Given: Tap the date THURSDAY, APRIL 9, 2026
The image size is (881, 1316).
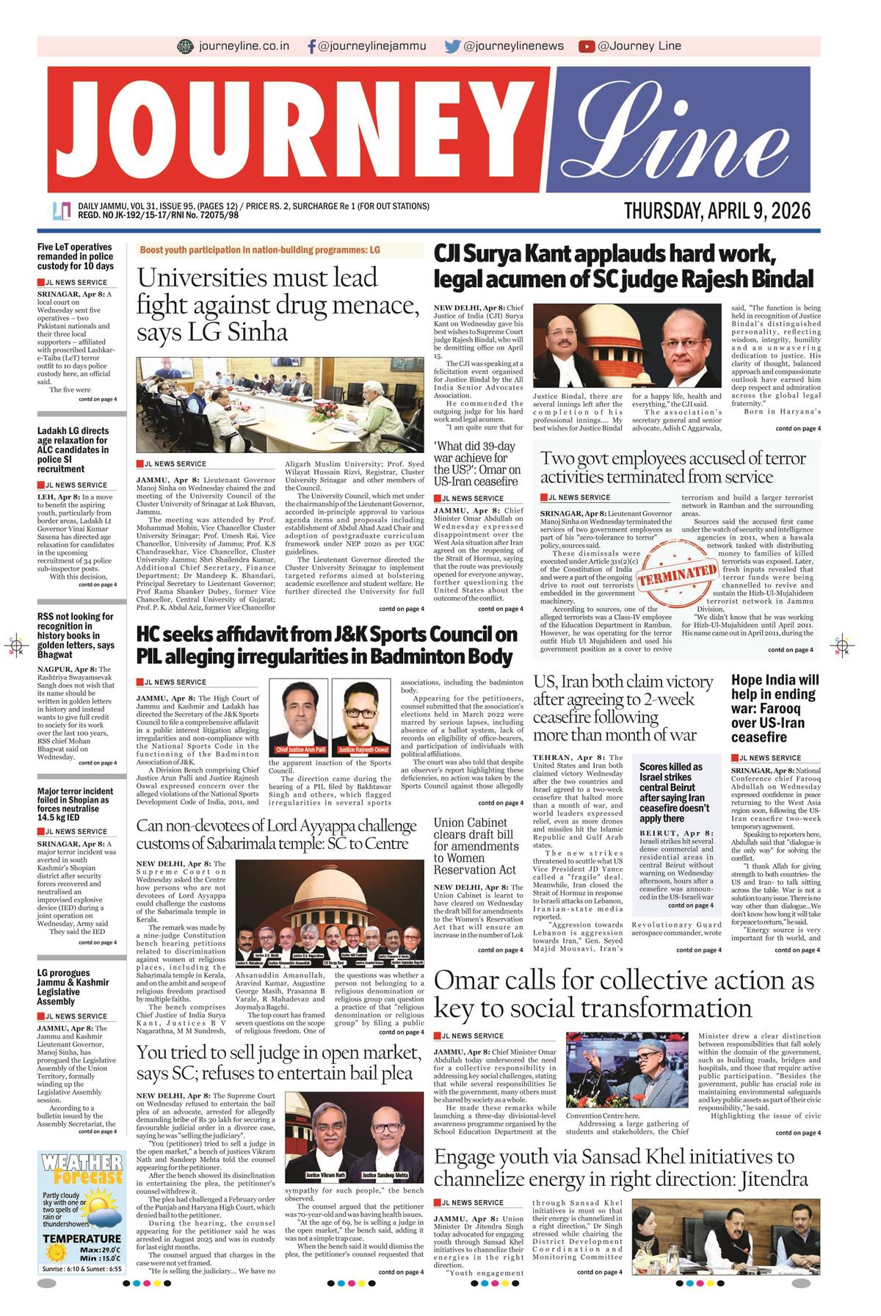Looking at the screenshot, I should point(717,211).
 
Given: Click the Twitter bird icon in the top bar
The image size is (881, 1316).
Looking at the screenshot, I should point(452,46).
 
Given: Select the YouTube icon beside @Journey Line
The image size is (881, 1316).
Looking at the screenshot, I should point(586,46).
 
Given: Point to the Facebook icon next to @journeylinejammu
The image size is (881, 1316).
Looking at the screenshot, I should point(312,46).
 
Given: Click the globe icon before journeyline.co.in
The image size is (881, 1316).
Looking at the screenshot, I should point(186,46).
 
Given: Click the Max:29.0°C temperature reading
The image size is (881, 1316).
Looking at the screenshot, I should point(101,1249).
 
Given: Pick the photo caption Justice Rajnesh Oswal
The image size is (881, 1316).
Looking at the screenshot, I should point(360,750).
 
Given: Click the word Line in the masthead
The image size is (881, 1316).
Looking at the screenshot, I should point(672,131).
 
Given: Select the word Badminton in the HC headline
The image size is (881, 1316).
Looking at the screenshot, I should point(402,656).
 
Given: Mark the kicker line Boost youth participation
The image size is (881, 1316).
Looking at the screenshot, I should point(260,250).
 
